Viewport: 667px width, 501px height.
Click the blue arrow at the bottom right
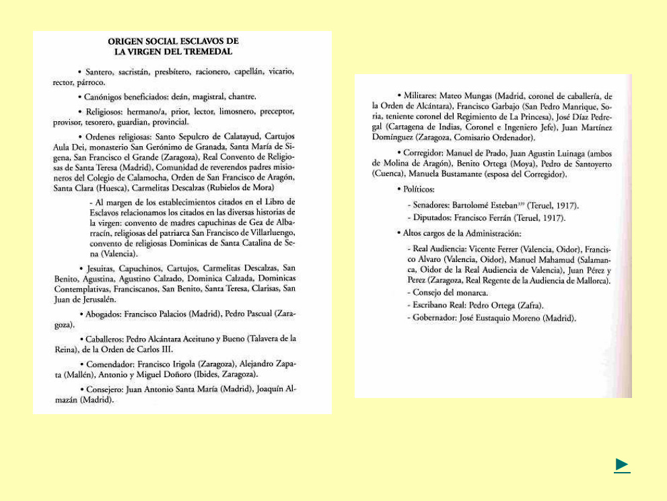[622, 465]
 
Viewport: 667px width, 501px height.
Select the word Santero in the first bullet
[98, 71]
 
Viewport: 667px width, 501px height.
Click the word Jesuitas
[102, 268]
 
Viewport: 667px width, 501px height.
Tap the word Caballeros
[105, 339]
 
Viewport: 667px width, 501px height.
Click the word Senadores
[432, 205]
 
